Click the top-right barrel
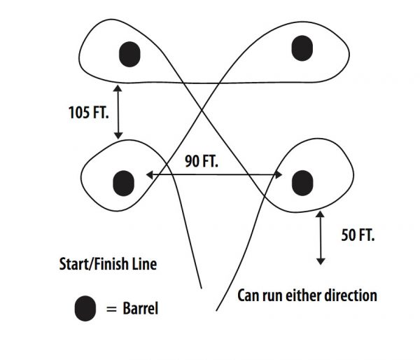click(301, 48)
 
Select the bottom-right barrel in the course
click(300, 181)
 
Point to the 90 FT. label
click(202, 161)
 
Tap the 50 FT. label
click(358, 235)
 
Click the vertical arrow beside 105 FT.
click(118, 111)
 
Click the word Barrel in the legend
click(139, 309)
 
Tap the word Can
click(248, 295)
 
